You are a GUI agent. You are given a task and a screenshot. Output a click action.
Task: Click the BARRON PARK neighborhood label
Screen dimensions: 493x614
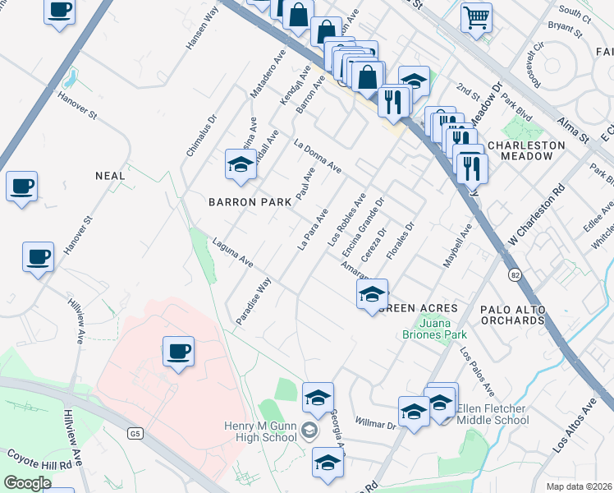pyautogui.click(x=250, y=202)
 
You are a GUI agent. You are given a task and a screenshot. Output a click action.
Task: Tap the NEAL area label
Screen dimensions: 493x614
pyautogui.click(x=110, y=176)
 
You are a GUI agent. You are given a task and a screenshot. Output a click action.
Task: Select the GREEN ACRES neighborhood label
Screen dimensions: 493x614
pyautogui.click(x=419, y=308)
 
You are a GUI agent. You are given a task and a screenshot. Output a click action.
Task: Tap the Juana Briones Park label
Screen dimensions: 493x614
pyautogui.click(x=434, y=329)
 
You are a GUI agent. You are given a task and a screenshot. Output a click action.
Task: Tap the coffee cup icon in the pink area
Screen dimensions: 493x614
pyautogui.click(x=178, y=352)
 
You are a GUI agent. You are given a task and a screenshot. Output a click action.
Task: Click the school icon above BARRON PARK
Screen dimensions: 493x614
pyautogui.click(x=241, y=164)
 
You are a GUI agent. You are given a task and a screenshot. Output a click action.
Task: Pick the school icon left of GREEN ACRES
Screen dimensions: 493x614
pyautogui.click(x=372, y=294)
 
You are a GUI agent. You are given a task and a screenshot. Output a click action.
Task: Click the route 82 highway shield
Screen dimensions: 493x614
pyautogui.click(x=515, y=274)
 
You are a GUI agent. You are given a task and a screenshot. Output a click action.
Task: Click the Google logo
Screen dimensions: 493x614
pyautogui.click(x=27, y=483)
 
